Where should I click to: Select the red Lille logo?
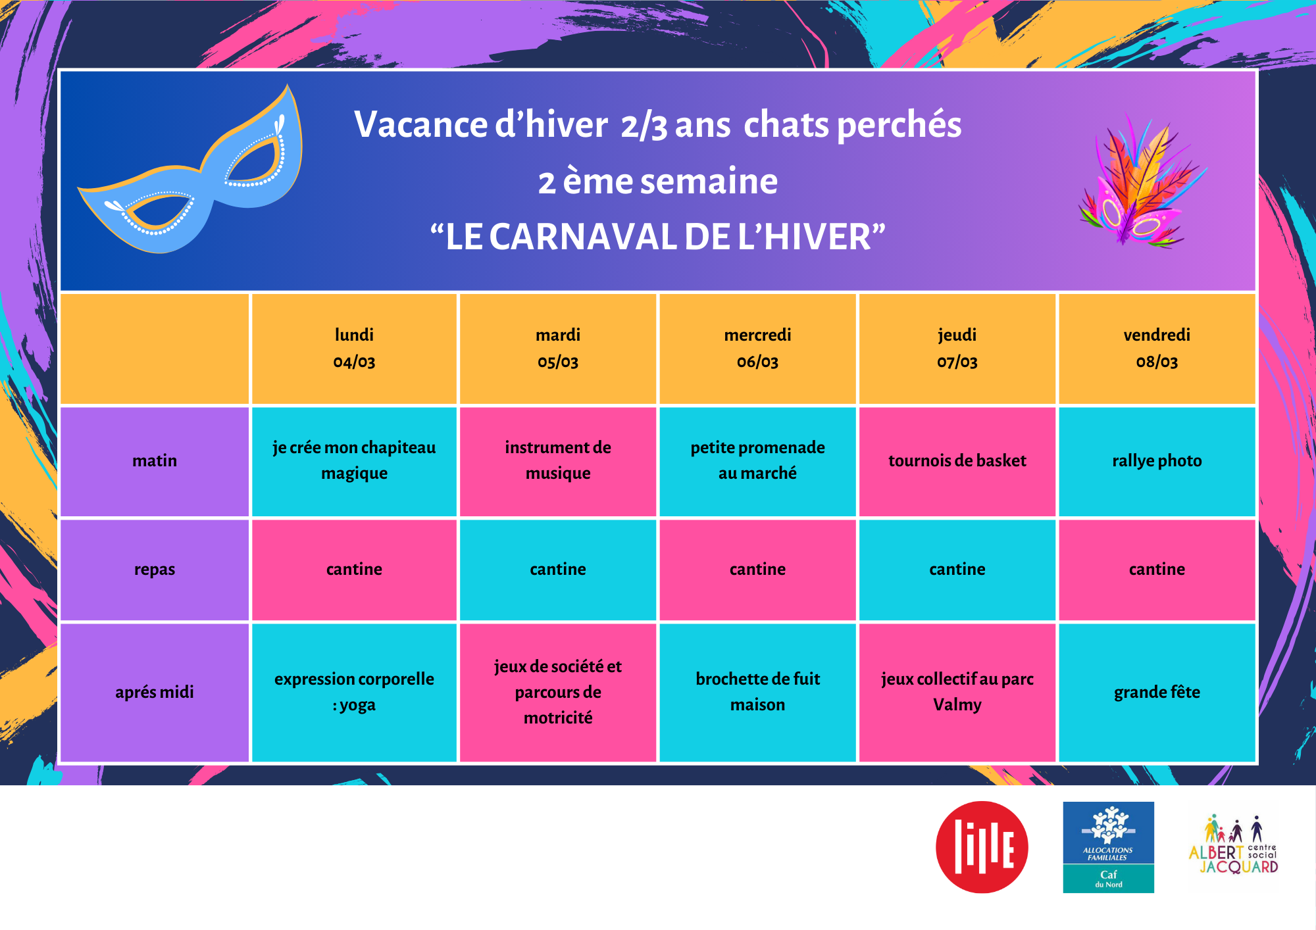click(x=982, y=846)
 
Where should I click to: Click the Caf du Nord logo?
click(x=1108, y=846)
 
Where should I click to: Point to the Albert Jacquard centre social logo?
click(x=1234, y=845)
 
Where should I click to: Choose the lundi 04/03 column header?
click(x=354, y=349)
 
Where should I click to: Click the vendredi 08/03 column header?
click(x=1157, y=349)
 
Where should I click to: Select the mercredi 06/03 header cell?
click(x=757, y=349)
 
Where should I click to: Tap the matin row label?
click(x=155, y=461)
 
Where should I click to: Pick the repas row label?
click(x=155, y=570)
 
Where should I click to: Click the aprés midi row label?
click(x=155, y=692)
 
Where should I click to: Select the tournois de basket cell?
click(x=957, y=461)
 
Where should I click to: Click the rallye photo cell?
click(x=1157, y=461)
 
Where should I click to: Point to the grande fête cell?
click(x=1157, y=692)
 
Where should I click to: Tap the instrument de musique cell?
click(x=558, y=461)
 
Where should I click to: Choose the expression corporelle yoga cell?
click(x=354, y=692)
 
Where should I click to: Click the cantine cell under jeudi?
click(x=957, y=570)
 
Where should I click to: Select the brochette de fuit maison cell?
click(x=757, y=692)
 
